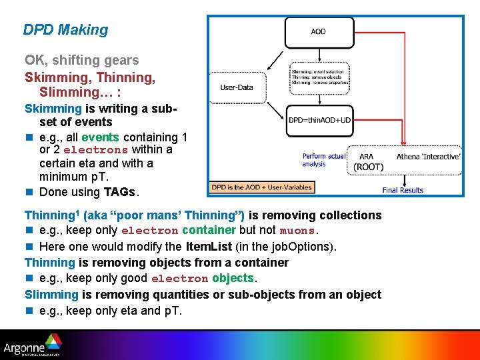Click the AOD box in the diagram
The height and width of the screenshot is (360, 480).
click(318, 31)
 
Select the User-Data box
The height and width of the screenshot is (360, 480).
click(237, 87)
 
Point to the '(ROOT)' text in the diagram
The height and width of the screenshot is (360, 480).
click(369, 167)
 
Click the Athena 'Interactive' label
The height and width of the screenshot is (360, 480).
click(428, 157)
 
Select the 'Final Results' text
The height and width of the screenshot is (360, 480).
click(403, 190)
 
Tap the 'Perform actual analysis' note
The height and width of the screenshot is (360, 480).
click(323, 160)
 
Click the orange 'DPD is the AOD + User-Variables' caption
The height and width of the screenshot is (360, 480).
click(262, 187)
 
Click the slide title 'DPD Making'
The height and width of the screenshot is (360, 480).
click(65, 30)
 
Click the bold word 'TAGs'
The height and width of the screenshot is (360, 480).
click(119, 193)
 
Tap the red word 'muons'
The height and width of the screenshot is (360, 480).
click(296, 231)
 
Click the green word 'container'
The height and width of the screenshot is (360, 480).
click(209, 230)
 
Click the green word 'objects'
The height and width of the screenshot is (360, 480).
click(233, 278)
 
